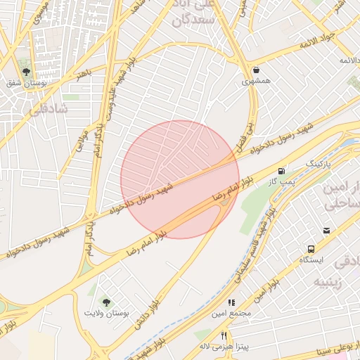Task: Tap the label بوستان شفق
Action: (26, 84)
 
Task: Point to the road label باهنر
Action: (84, 72)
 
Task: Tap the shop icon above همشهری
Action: (255, 70)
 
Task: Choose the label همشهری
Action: (255, 82)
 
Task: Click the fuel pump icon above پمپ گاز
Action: (282, 171)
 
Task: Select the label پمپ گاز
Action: (282, 182)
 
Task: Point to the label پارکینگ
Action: (316, 163)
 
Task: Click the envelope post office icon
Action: (326, 230)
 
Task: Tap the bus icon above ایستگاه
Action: (310, 248)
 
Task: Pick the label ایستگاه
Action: (310, 260)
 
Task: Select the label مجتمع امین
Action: (231, 314)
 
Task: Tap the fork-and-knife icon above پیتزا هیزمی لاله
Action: (224, 335)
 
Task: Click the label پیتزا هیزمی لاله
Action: (224, 347)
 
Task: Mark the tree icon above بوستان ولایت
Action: (107, 301)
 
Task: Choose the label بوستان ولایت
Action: (107, 312)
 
